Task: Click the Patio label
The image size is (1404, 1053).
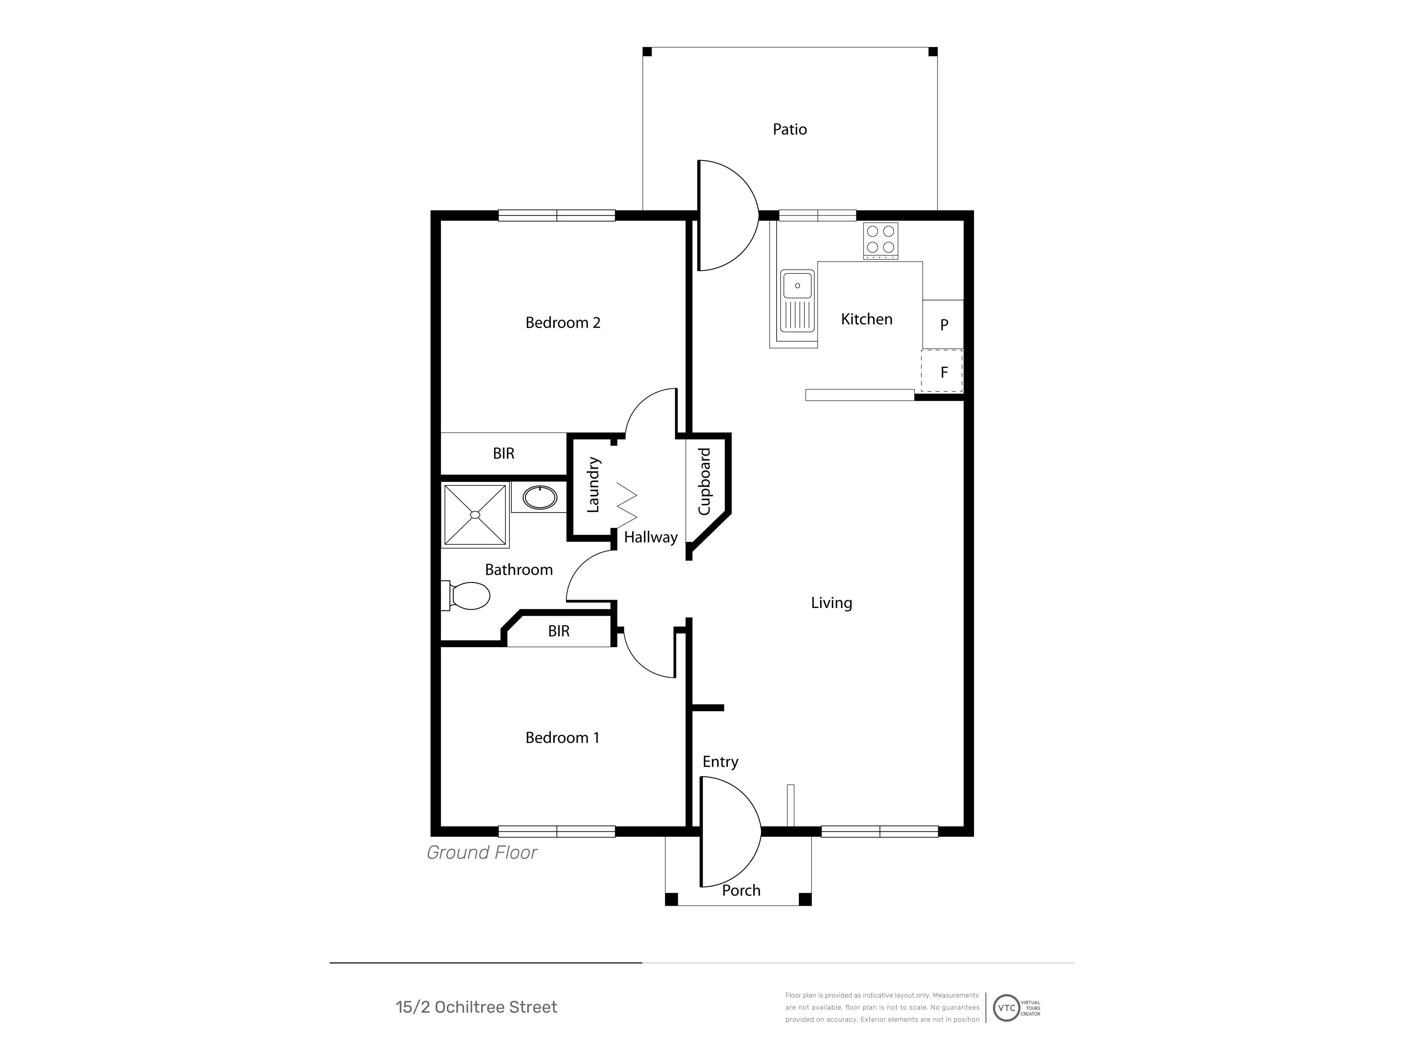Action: click(x=790, y=129)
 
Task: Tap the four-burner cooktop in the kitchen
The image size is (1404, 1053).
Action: click(x=880, y=241)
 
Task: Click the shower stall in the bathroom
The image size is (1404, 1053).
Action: click(x=475, y=515)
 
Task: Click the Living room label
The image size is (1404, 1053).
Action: click(x=831, y=603)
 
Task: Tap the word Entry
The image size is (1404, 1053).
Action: click(x=720, y=762)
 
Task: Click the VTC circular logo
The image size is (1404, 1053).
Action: click(x=1006, y=1007)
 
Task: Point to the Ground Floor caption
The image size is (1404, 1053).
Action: click(x=482, y=852)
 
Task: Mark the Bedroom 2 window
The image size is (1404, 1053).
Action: click(x=556, y=215)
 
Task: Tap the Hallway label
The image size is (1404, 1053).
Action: click(x=650, y=537)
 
